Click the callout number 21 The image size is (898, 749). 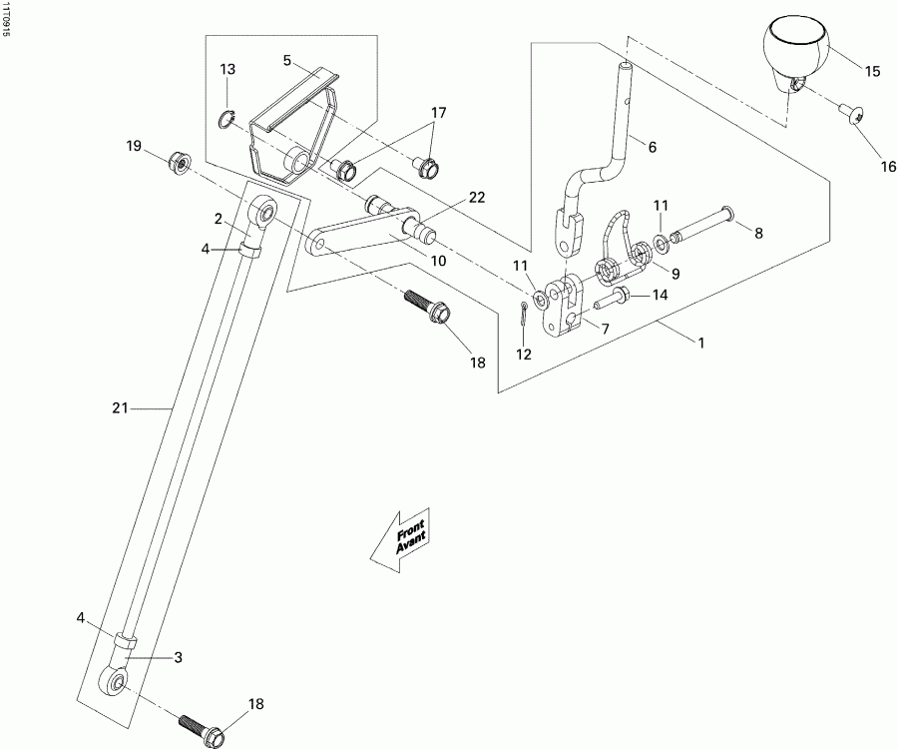pyautogui.click(x=121, y=407)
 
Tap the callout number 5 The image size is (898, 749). pyautogui.click(x=287, y=61)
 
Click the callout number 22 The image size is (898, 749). pyautogui.click(x=477, y=197)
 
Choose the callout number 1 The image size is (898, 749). pyautogui.click(x=701, y=343)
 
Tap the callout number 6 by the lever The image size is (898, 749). pyautogui.click(x=652, y=147)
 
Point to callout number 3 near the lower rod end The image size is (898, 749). pyautogui.click(x=179, y=657)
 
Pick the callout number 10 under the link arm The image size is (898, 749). pyautogui.click(x=438, y=260)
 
